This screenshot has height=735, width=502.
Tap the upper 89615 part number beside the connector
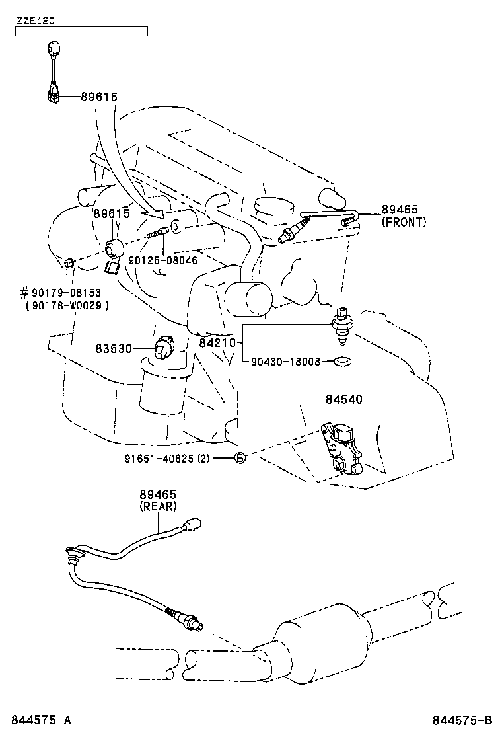pyautogui.click(x=99, y=97)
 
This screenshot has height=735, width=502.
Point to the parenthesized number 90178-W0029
pyautogui.click(x=67, y=305)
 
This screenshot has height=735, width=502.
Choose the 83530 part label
pyautogui.click(x=115, y=348)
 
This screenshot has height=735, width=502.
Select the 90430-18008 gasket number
pyautogui.click(x=285, y=362)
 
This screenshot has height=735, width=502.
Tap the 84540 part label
pyautogui.click(x=343, y=400)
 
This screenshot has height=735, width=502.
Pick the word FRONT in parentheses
pyautogui.click(x=404, y=222)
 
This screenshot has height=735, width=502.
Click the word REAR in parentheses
pyautogui.click(x=158, y=506)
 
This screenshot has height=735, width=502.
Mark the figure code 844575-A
pyautogui.click(x=40, y=720)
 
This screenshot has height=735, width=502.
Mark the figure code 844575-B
pyautogui.click(x=463, y=720)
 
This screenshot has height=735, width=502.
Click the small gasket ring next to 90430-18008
pyautogui.click(x=342, y=362)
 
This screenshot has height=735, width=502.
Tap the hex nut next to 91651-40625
pyautogui.click(x=241, y=457)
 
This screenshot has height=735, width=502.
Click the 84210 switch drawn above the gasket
pyautogui.click(x=341, y=326)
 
